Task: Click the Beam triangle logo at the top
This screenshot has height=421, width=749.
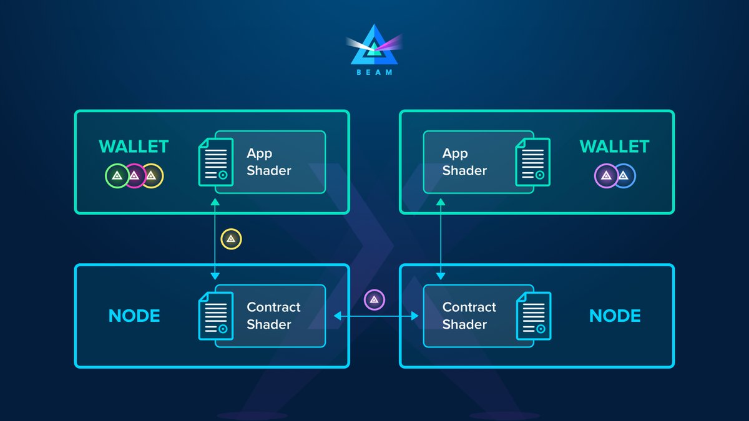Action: click(x=374, y=47)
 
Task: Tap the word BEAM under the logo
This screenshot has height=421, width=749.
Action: click(x=374, y=72)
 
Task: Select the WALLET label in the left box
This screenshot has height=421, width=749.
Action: click(x=134, y=147)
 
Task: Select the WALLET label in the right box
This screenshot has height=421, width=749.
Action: click(x=614, y=147)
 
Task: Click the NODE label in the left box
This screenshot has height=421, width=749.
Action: click(x=134, y=316)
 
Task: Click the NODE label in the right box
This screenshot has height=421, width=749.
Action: click(x=615, y=316)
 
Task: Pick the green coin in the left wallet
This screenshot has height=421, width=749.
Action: click(x=117, y=176)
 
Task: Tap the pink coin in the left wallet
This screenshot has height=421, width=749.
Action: click(x=134, y=176)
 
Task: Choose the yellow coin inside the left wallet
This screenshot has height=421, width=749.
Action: click(x=152, y=176)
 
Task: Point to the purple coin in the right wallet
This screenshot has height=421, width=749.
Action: click(x=605, y=176)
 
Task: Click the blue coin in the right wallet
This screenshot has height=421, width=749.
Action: click(x=624, y=176)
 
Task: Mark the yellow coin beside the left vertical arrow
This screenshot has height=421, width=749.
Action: click(x=231, y=239)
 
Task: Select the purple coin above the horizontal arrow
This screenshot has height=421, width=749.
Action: click(x=374, y=300)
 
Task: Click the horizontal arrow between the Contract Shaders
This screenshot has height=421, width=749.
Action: click(x=376, y=317)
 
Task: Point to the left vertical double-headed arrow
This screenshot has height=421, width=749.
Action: click(x=215, y=240)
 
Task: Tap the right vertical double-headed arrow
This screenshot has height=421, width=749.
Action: click(x=441, y=240)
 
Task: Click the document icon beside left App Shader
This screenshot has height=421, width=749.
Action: click(x=215, y=162)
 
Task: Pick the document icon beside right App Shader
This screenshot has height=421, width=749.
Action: click(x=532, y=162)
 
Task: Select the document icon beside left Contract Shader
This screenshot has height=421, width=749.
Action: click(x=215, y=316)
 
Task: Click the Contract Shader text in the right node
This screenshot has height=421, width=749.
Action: click(x=469, y=316)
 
